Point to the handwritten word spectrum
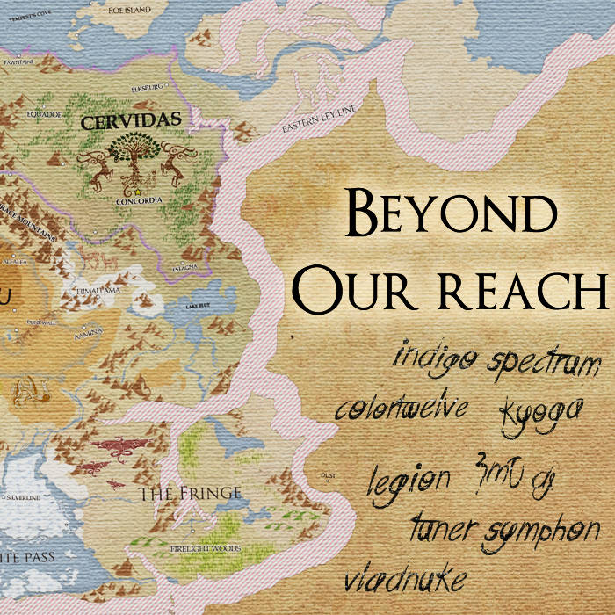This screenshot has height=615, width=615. pos(545,362)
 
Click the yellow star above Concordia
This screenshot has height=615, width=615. pos(137,191)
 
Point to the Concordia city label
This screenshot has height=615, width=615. pos(139,200)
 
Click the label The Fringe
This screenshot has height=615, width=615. pos(189,494)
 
